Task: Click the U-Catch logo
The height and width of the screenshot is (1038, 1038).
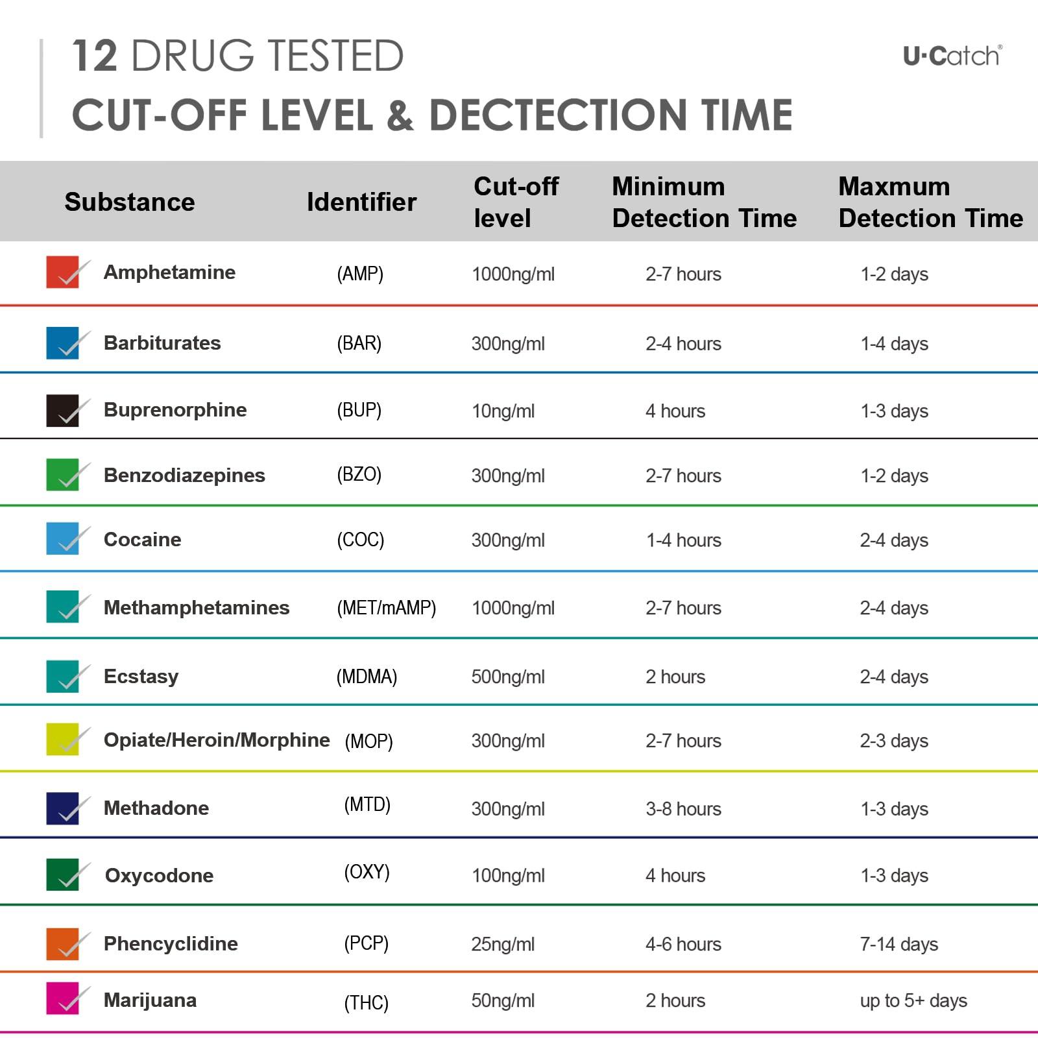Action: tap(952, 56)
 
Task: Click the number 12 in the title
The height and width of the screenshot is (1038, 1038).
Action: tap(95, 56)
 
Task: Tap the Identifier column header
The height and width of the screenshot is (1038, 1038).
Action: tap(361, 202)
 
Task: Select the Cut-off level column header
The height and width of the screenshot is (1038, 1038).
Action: tap(516, 202)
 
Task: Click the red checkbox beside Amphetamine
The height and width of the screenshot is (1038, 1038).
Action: tap(63, 272)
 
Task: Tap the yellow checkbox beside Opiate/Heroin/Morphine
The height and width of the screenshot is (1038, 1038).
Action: tap(63, 740)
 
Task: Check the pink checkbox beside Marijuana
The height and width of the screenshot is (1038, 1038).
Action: tap(63, 998)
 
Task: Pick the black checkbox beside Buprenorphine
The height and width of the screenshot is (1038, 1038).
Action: tap(63, 411)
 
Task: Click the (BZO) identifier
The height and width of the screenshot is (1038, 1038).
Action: tap(359, 475)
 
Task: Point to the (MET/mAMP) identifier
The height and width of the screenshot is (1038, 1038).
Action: tap(386, 608)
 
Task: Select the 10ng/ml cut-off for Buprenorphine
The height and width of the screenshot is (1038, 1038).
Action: tap(503, 411)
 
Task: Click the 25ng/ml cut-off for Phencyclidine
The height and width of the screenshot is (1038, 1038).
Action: tap(503, 945)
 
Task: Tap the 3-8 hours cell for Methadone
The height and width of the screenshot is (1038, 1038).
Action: tap(683, 809)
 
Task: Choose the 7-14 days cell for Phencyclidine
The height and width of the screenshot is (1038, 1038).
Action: tap(899, 945)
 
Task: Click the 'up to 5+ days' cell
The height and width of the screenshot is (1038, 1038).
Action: tap(913, 1001)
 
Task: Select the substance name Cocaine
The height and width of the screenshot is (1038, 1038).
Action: tap(143, 540)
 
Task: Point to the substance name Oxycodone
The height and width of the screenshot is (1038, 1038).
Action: tap(159, 876)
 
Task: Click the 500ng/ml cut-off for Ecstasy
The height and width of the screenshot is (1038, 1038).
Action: tap(508, 677)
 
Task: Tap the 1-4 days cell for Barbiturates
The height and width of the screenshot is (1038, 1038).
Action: tap(894, 344)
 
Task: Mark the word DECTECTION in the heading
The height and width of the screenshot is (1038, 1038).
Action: tap(558, 115)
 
